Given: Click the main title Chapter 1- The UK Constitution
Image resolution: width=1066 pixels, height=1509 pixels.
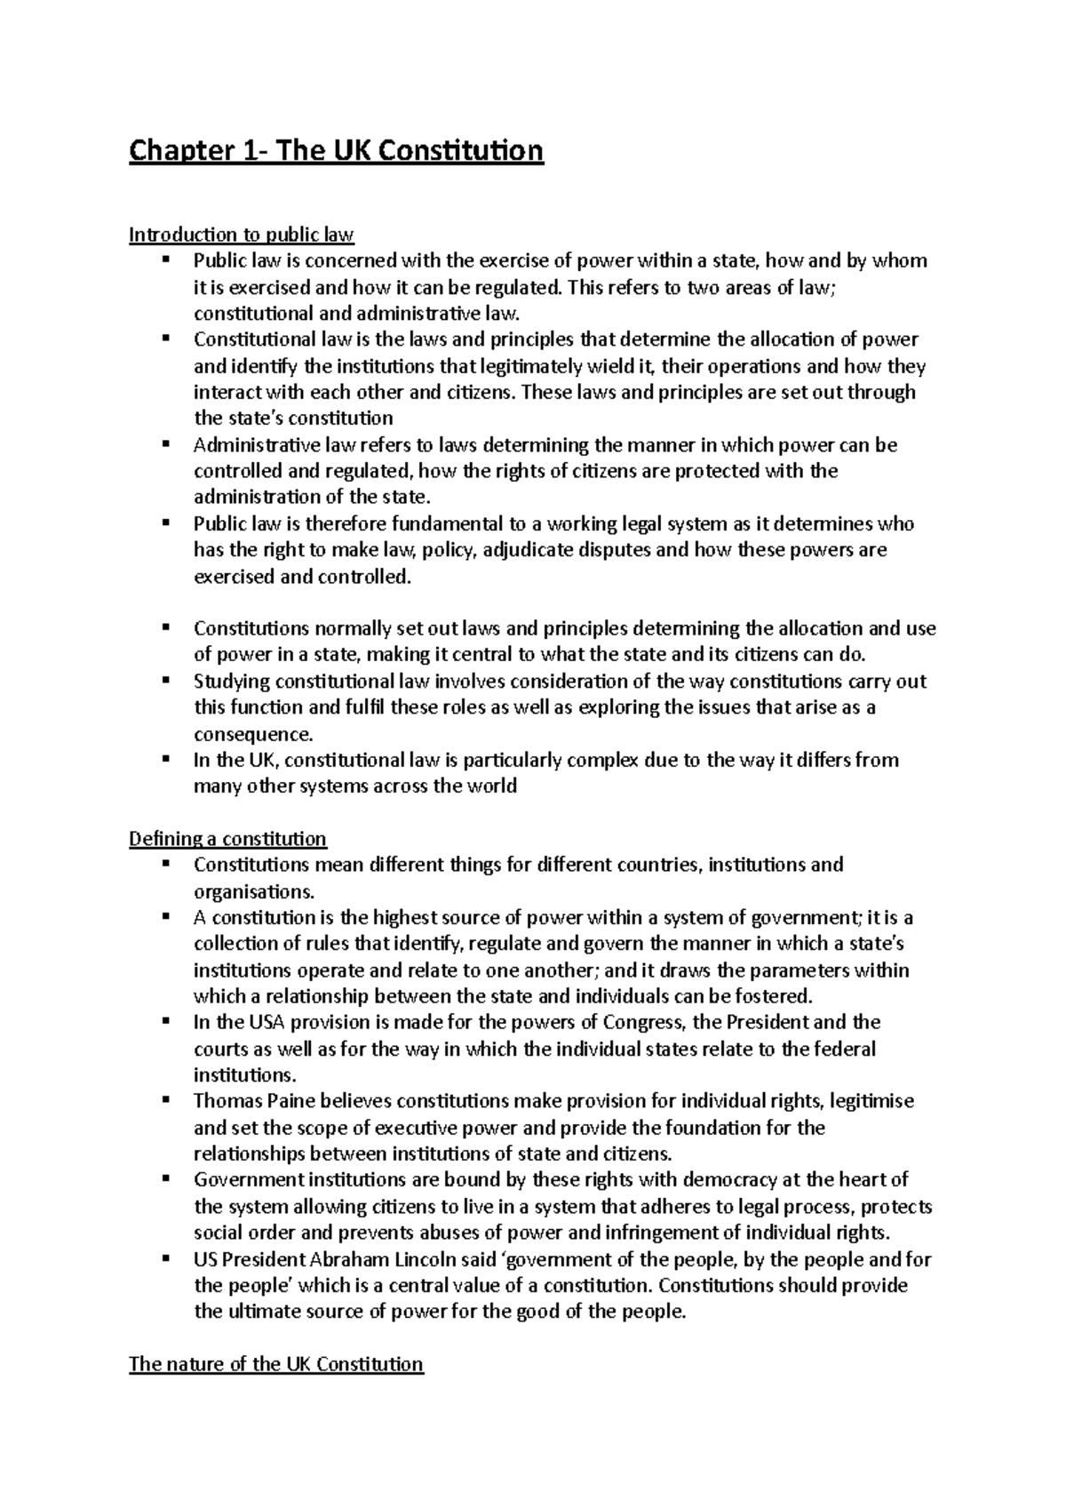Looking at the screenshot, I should (336, 152).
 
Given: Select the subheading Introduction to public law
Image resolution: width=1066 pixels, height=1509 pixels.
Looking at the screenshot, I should (242, 236).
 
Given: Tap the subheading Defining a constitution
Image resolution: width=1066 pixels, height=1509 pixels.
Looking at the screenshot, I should (227, 839).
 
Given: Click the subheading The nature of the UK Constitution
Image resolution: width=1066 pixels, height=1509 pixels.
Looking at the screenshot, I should (276, 1364).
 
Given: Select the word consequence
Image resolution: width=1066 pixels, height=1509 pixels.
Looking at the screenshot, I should (252, 735).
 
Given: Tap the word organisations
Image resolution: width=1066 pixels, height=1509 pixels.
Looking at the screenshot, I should (252, 891).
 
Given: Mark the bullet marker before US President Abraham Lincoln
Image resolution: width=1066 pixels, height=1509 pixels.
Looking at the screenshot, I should (166, 1257).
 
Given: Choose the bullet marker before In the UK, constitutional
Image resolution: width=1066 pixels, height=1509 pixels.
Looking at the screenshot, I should (166, 758).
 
